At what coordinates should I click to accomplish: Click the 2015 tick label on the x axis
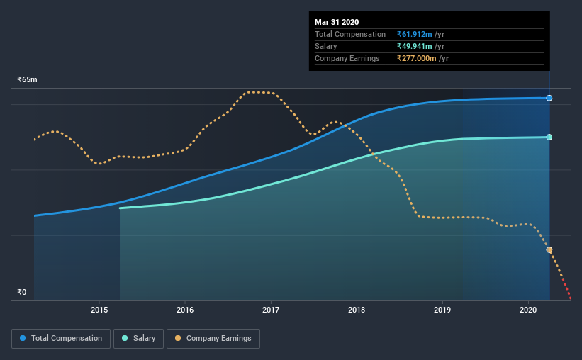[x=99, y=310]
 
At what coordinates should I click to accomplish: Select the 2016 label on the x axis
[x=185, y=310]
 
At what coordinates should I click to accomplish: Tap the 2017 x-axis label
[x=271, y=310]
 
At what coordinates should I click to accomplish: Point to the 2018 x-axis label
[x=357, y=310]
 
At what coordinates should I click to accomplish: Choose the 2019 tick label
[x=442, y=310]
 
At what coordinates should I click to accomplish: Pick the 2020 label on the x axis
[x=528, y=310]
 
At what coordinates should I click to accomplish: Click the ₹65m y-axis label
[x=27, y=80]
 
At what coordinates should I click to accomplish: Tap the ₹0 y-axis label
[x=21, y=292]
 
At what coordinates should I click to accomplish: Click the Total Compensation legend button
[x=61, y=339]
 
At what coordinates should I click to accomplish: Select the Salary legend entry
[x=140, y=339]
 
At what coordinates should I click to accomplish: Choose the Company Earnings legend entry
[x=213, y=339]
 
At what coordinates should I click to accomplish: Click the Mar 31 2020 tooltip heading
[x=337, y=22]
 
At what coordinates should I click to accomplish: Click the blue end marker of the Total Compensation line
[x=549, y=98]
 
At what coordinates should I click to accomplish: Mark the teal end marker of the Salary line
[x=549, y=137]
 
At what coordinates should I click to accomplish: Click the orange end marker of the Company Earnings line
[x=549, y=250]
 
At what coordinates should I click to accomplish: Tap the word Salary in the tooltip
[x=326, y=46]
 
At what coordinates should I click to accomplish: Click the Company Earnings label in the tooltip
[x=347, y=58]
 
